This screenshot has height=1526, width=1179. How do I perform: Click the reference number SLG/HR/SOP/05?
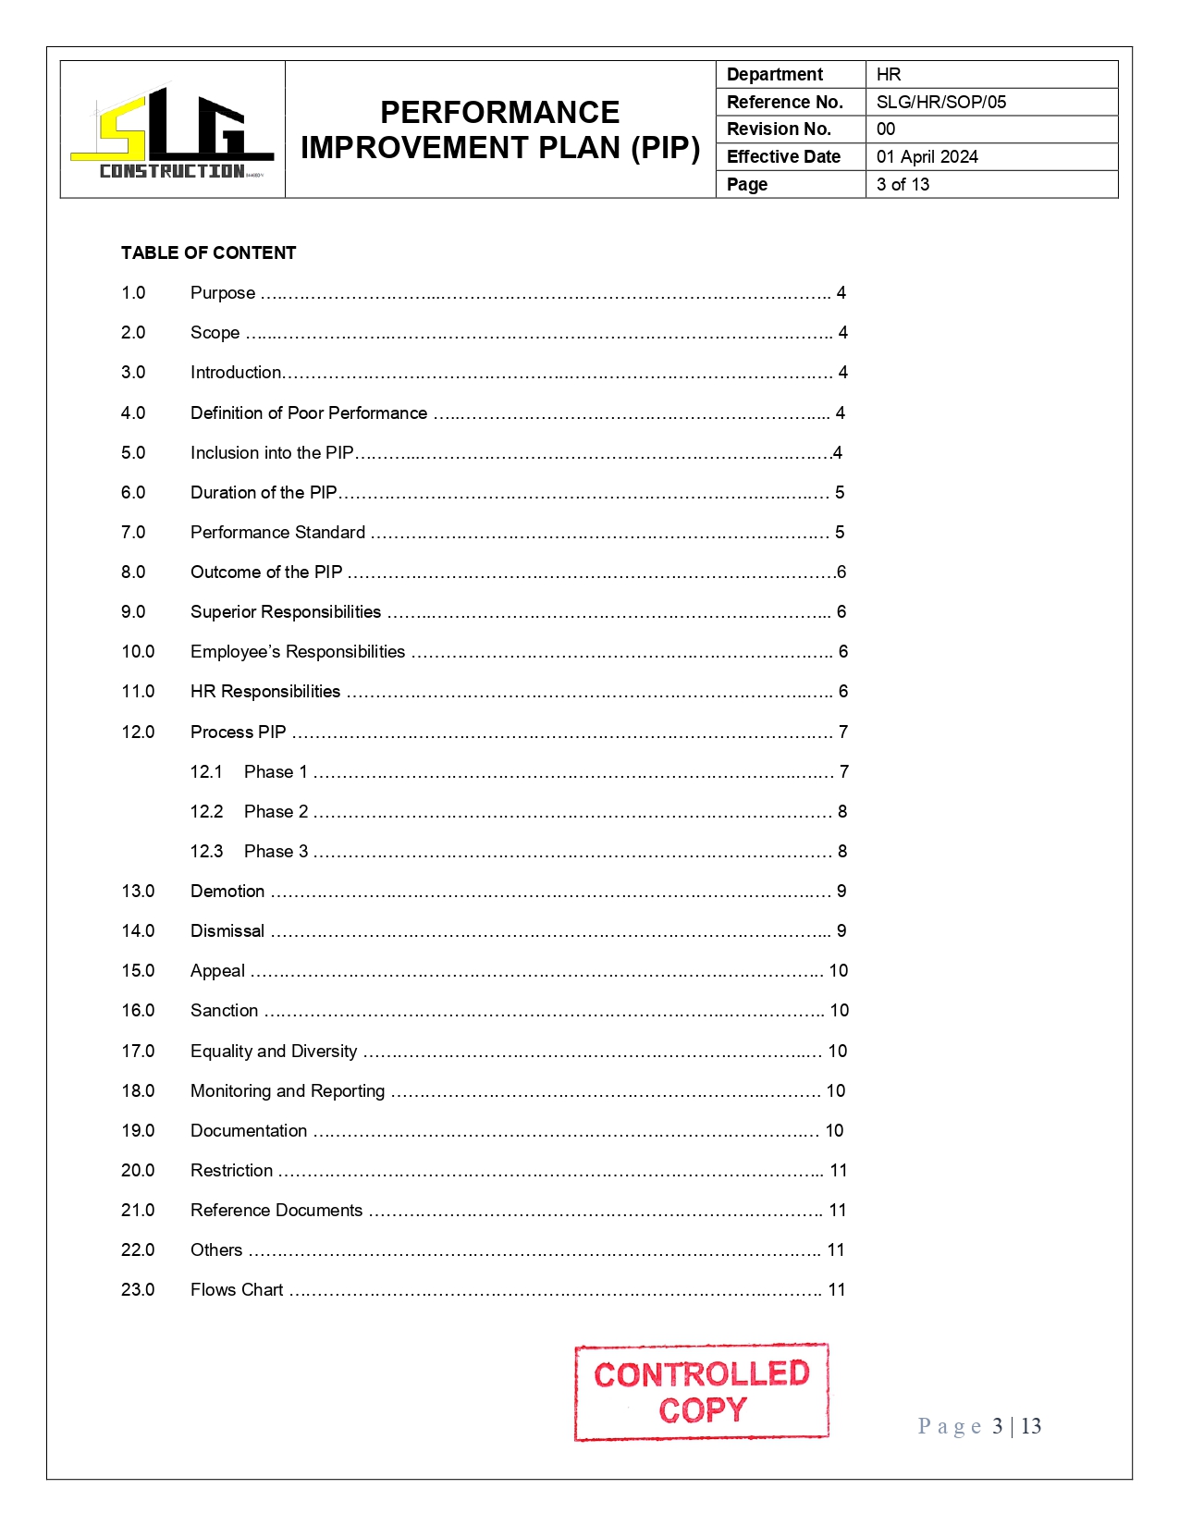point(940,102)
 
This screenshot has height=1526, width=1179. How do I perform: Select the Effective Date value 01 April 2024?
point(927,156)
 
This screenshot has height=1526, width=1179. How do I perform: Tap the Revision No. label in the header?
point(779,129)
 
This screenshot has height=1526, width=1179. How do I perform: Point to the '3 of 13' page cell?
point(903,184)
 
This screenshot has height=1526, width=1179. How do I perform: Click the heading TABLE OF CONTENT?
point(208,252)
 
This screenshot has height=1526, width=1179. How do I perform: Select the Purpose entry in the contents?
point(223,293)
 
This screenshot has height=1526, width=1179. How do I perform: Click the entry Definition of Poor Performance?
point(309,412)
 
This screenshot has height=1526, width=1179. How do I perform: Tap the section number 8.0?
point(133,572)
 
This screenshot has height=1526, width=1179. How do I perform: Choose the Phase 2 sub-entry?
point(276,811)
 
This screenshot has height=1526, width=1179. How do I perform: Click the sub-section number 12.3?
point(206,851)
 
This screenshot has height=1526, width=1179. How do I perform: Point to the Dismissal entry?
point(227,930)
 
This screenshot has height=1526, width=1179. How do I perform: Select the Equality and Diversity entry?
point(274,1051)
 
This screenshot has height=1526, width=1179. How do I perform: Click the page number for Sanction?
point(839,1010)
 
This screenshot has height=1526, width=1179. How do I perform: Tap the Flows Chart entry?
point(237,1289)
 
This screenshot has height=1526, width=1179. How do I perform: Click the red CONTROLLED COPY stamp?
point(701,1391)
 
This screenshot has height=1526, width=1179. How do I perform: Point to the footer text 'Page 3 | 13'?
point(979,1426)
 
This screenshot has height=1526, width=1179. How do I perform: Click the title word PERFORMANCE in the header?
point(499,113)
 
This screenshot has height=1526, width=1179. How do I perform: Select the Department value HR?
point(888,74)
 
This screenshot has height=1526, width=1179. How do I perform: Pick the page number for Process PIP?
point(843,732)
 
